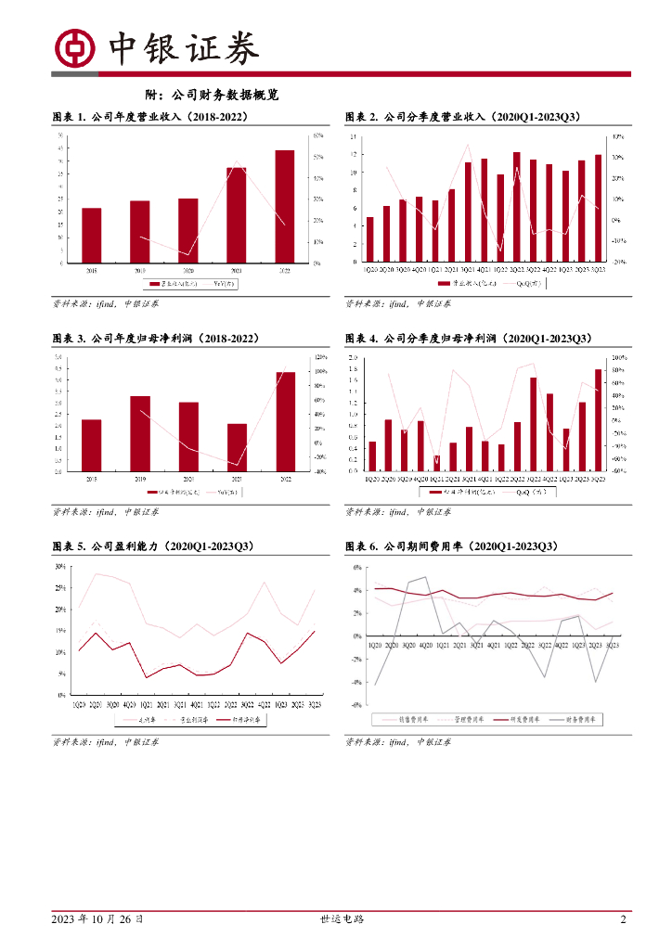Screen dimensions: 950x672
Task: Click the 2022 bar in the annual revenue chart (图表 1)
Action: tap(284, 206)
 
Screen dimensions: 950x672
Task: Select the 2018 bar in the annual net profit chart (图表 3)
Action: tap(91, 445)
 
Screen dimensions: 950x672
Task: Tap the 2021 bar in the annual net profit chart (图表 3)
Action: tap(237, 447)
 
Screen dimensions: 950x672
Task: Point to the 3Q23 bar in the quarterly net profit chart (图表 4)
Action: tap(599, 420)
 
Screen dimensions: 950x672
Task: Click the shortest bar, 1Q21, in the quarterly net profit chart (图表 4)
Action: tap(436, 463)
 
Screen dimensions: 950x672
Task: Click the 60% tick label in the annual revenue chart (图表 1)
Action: tap(317, 136)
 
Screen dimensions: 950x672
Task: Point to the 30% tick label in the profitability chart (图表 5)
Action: tap(59, 567)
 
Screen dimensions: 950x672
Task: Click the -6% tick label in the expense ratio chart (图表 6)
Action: tap(356, 705)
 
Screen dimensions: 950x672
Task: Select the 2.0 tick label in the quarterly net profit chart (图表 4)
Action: tap(353, 358)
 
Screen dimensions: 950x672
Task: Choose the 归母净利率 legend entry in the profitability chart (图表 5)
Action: tap(240, 719)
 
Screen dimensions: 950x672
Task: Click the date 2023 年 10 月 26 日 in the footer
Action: tap(97, 919)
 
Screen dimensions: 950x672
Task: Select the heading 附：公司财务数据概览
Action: tap(213, 95)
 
